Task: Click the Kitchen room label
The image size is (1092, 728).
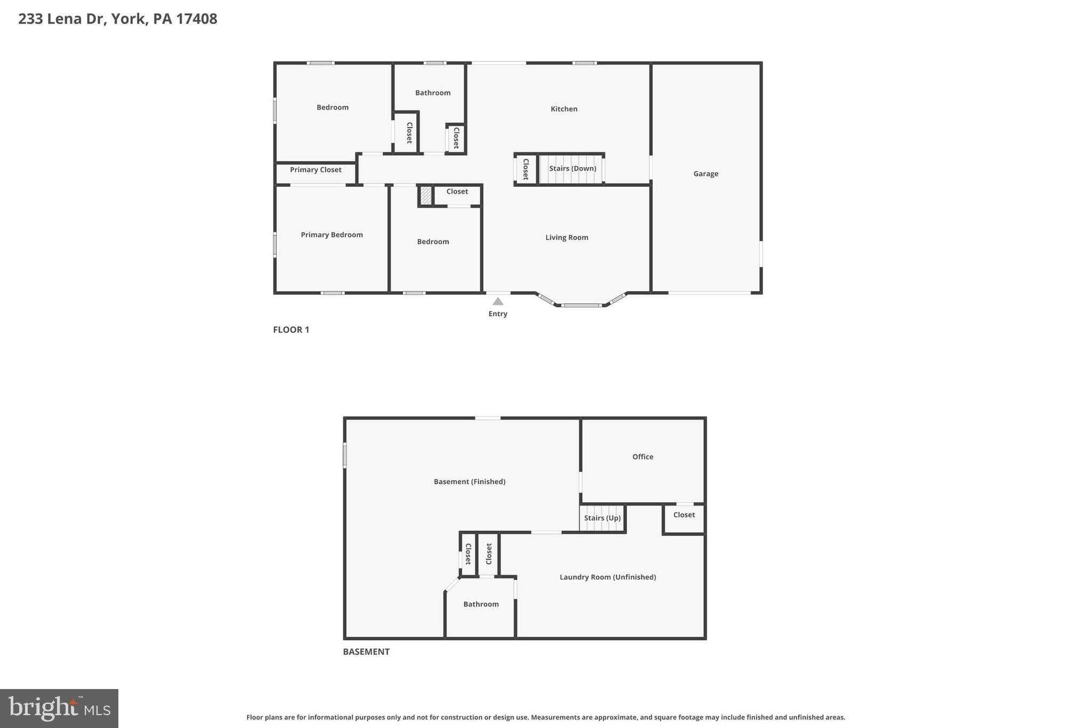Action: click(x=564, y=109)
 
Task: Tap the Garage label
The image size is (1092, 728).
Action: click(x=705, y=174)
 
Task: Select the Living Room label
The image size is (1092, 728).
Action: click(x=566, y=237)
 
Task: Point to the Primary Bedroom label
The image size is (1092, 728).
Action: click(x=332, y=235)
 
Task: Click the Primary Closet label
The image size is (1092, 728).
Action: click(x=316, y=170)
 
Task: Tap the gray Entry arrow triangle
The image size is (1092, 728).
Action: click(x=497, y=301)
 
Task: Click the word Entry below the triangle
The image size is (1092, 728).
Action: click(x=497, y=314)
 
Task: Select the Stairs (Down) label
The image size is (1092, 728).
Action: click(x=572, y=169)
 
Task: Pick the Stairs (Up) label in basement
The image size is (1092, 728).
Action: click(x=602, y=518)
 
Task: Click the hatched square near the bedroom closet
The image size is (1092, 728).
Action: click(x=425, y=195)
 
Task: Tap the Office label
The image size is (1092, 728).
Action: click(x=643, y=457)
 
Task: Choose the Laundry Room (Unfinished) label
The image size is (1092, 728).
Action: click(x=607, y=577)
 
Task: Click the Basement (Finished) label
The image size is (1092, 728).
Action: click(x=469, y=482)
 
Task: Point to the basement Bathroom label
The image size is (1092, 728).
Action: click(x=481, y=604)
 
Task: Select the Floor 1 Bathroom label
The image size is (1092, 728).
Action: click(x=432, y=93)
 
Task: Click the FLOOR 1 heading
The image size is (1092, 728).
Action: click(x=291, y=330)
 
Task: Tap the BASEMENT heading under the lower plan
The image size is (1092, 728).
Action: click(x=366, y=652)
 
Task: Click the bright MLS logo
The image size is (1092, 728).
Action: click(x=59, y=708)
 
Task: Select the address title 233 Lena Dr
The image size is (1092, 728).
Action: click(x=117, y=19)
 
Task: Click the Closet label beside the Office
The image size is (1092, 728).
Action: click(x=684, y=515)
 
